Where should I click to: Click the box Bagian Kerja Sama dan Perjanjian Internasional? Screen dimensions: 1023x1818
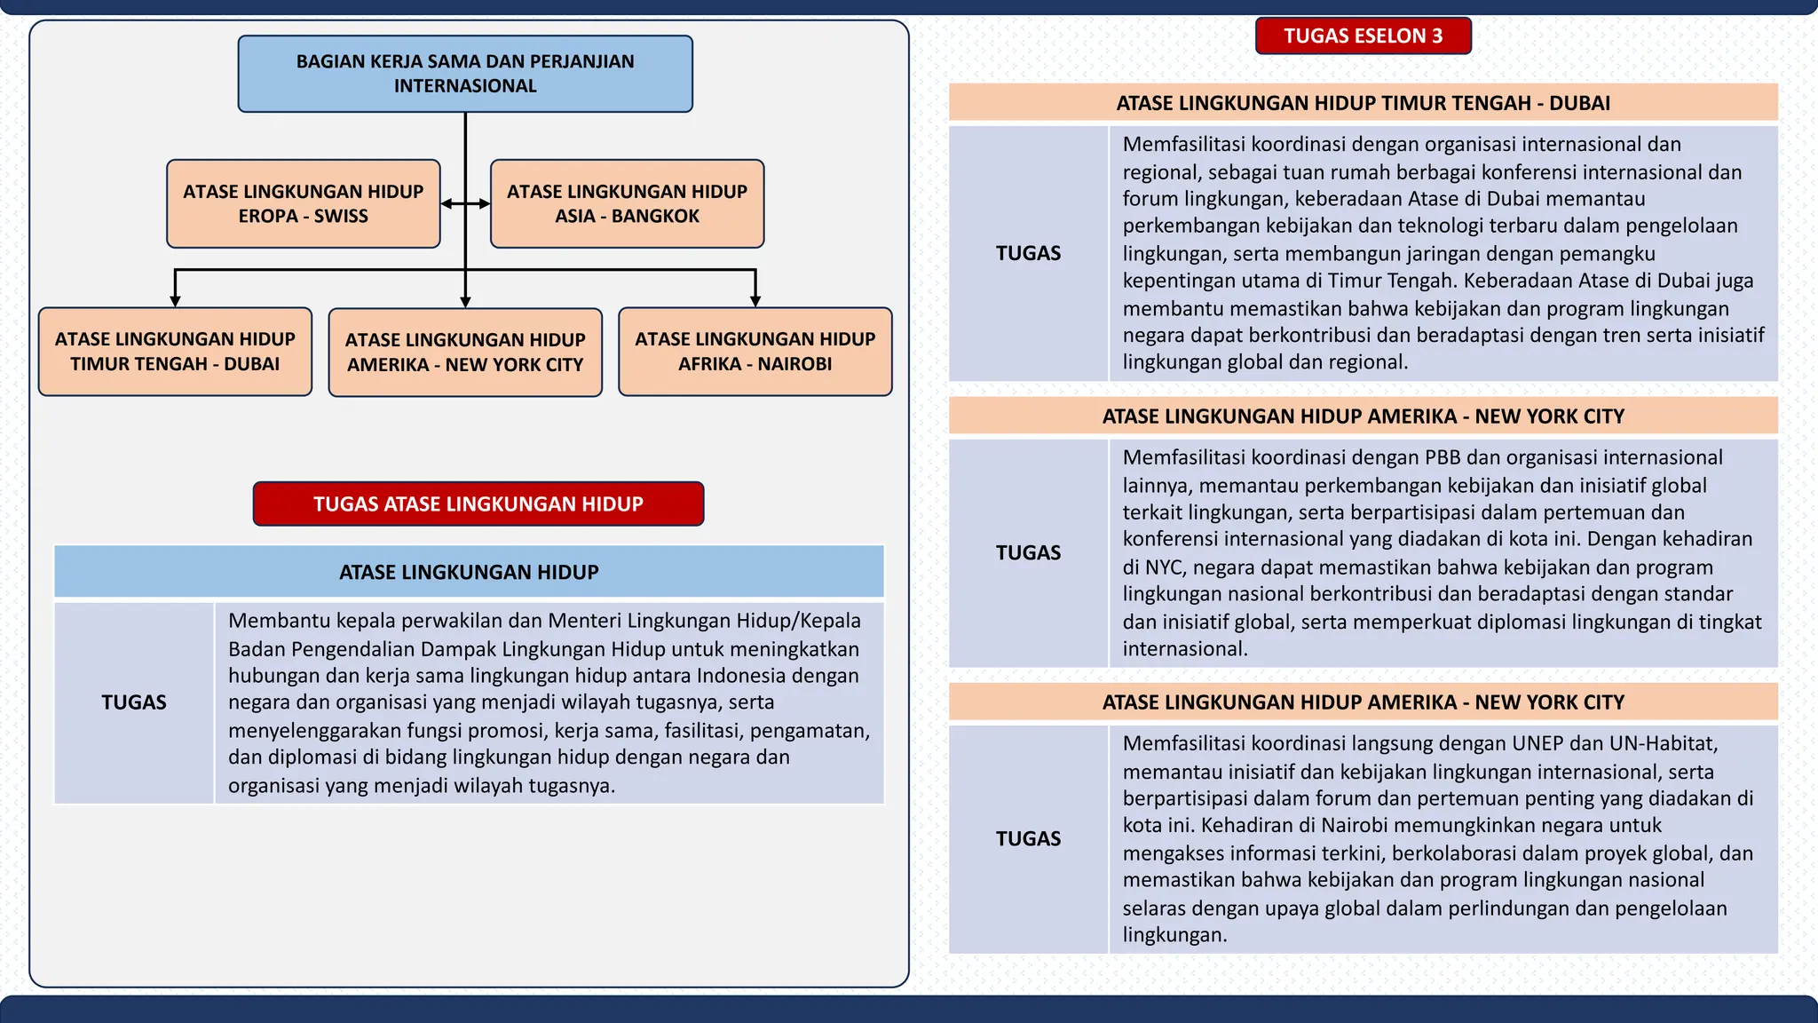point(465,74)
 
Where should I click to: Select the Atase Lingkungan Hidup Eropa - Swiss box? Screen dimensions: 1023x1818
point(303,203)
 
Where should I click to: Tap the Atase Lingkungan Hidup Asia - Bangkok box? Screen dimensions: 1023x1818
point(627,203)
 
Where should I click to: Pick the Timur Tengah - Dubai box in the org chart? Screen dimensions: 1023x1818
point(175,352)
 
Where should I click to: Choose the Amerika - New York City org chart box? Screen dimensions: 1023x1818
point(465,353)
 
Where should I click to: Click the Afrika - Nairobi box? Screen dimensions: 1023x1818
point(755,352)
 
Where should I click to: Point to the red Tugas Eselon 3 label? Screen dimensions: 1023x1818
point(1363,36)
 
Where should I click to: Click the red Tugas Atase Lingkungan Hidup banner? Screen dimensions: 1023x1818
point(478,504)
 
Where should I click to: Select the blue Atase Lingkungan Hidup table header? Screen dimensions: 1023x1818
point(469,572)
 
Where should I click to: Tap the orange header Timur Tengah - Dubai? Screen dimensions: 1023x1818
point(1363,103)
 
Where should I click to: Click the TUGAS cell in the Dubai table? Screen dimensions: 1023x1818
point(1028,254)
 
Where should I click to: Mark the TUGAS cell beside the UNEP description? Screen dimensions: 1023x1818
point(1028,839)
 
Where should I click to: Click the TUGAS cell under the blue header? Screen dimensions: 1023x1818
point(133,702)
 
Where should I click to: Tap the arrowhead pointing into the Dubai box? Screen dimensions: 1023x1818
point(175,301)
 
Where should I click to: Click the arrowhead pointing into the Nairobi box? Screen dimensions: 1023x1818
point(755,301)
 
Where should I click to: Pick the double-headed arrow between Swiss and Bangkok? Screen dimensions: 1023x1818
point(465,203)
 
